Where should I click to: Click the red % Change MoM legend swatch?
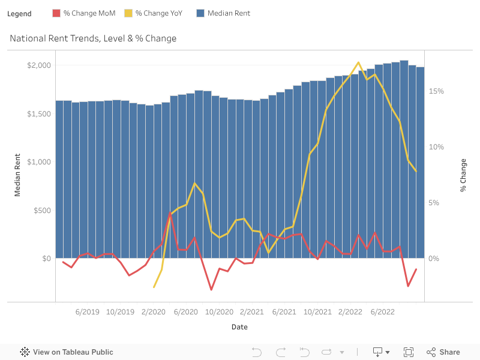click(56, 13)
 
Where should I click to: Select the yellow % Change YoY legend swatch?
click(128, 13)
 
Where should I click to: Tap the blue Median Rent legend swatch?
click(200, 13)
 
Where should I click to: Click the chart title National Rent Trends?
click(93, 38)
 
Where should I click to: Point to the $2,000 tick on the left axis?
click(39, 65)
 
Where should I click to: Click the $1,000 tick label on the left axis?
click(39, 162)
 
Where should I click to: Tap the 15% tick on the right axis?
click(436, 91)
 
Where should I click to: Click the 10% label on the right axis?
click(436, 147)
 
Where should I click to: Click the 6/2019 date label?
click(88, 312)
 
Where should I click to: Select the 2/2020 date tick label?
click(153, 312)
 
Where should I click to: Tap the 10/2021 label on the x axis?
click(317, 312)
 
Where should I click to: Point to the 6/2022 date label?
click(383, 312)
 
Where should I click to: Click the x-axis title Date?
click(239, 327)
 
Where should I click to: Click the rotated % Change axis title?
click(463, 175)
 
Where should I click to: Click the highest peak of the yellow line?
click(358, 62)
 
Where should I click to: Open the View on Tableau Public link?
click(67, 352)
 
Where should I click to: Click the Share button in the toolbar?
click(443, 352)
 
